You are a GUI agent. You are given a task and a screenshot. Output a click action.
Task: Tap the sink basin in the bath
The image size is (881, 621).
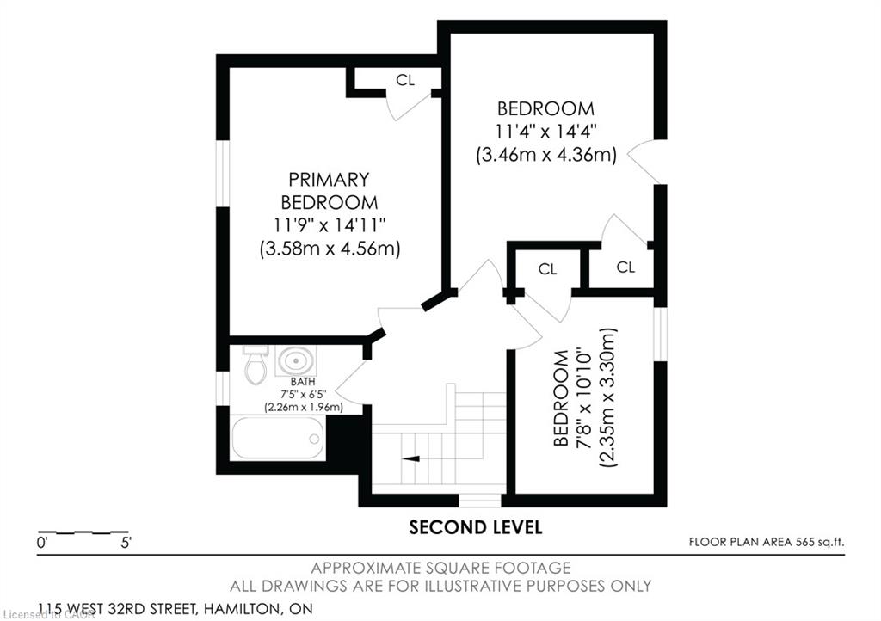click(x=296, y=360)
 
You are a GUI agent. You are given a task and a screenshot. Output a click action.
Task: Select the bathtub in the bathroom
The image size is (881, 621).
click(x=278, y=439)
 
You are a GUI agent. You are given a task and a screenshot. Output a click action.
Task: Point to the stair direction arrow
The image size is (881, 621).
click(x=411, y=458)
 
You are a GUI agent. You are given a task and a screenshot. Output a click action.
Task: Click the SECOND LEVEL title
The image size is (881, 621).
click(x=475, y=527)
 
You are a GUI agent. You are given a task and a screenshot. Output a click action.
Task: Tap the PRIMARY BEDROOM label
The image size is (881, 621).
click(x=330, y=191)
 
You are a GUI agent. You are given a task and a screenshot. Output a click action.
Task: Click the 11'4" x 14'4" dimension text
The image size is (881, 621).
click(x=545, y=132)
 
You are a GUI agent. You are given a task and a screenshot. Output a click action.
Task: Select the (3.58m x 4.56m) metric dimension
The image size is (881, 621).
click(x=330, y=249)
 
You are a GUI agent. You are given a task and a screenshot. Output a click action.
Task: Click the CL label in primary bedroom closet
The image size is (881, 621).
click(x=405, y=80)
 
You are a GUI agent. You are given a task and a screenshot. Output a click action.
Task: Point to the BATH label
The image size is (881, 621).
click(x=303, y=382)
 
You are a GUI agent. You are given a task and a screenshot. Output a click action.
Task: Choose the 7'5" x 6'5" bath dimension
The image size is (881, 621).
click(x=304, y=394)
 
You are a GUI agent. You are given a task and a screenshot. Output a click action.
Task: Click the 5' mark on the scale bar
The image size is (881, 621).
click(x=126, y=543)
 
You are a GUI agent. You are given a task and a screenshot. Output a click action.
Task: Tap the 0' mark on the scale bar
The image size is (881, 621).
click(x=42, y=543)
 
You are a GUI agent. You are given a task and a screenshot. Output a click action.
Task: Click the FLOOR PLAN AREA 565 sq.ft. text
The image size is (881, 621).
click(x=767, y=542)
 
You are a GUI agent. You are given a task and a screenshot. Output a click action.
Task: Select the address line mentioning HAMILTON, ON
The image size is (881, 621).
click(x=176, y=609)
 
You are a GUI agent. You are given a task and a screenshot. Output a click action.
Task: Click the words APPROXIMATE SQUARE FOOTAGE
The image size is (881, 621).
click(x=441, y=569)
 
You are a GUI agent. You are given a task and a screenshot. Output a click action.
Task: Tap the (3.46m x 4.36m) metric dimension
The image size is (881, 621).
click(x=546, y=155)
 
